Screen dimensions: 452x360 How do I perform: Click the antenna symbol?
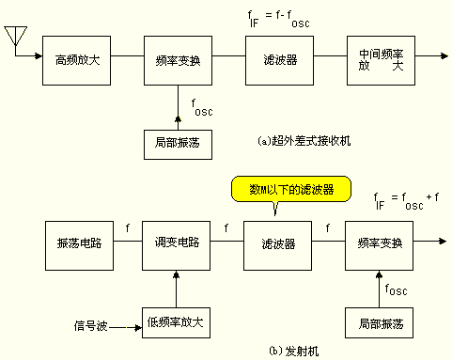pos(15,36)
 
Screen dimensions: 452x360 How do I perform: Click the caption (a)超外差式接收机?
pos(304,141)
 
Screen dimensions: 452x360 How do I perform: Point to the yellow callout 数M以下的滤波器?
pos(291,189)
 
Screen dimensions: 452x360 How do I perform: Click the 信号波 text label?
pos(91,326)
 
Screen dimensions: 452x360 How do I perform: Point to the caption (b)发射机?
pos(294,351)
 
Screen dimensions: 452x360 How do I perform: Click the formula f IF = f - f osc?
pos(278,19)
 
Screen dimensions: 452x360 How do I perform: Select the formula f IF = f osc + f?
pos(406,201)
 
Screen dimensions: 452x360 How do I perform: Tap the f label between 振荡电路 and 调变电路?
pos(128,227)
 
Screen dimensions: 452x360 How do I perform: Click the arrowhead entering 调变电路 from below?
pos(176,274)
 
